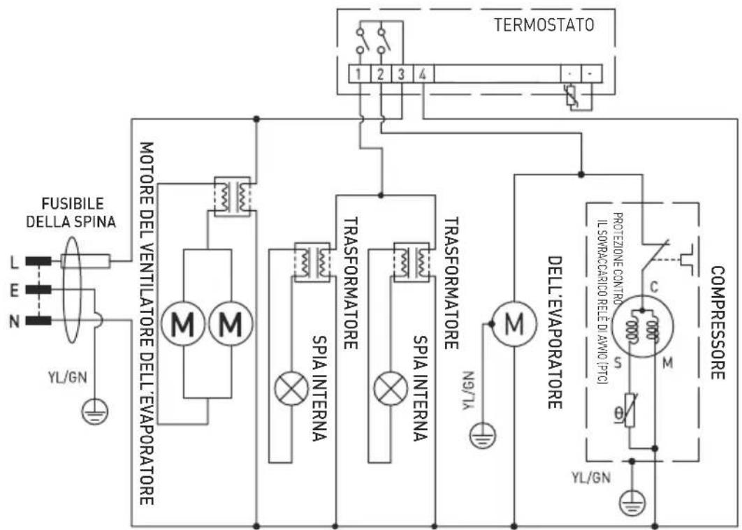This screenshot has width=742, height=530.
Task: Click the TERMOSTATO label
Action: (x=544, y=26)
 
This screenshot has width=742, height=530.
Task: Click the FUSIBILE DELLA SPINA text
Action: (x=72, y=213)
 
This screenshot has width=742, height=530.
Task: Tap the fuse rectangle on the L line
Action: (x=85, y=262)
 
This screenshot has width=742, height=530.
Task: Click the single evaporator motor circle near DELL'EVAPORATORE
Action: (x=514, y=323)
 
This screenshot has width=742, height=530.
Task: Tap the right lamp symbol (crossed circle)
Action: (x=386, y=389)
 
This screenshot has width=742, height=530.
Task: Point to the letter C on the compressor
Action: (x=654, y=286)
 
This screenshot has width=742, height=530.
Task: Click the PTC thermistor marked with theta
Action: (x=630, y=413)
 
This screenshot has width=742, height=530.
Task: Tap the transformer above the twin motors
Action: (x=232, y=196)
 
